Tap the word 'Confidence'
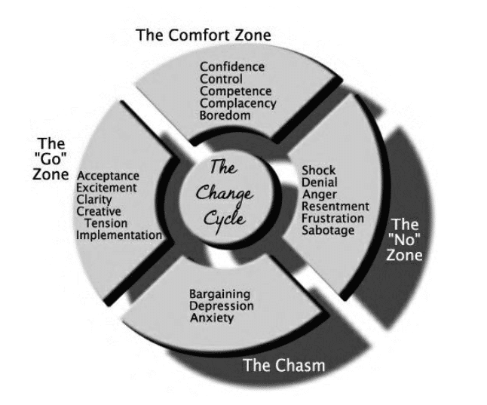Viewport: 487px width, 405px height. coord(232,66)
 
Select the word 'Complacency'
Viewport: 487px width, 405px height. coord(237,103)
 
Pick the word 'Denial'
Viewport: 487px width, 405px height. coord(319,182)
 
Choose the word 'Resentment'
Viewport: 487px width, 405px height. coord(335,206)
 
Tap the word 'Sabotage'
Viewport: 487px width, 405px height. coord(327,230)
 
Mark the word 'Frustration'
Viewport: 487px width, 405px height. coord(332,218)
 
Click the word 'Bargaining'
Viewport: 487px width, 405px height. coord(220,293)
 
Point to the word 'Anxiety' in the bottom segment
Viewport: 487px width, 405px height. coord(212,318)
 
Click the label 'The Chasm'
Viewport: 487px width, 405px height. coord(283,366)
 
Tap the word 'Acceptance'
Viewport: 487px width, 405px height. coord(107,176)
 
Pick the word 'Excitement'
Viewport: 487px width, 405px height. coord(107,188)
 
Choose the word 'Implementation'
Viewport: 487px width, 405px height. coord(119,235)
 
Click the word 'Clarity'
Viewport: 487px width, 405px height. coord(94,200)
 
